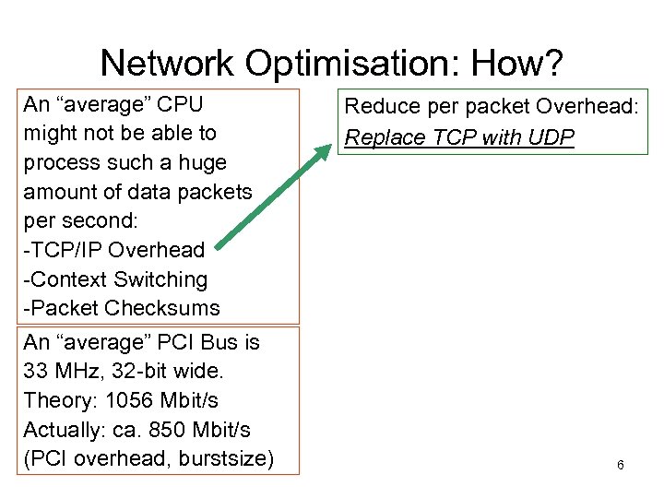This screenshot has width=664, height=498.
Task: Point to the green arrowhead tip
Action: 330,146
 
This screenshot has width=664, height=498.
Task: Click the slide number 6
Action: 620,465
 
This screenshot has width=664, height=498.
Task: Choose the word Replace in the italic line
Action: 378,138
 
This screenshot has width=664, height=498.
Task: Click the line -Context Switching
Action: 115,279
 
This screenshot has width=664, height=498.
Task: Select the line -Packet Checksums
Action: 121,308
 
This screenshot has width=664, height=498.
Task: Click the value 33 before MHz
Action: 36,371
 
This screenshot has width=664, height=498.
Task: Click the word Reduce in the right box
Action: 380,106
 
